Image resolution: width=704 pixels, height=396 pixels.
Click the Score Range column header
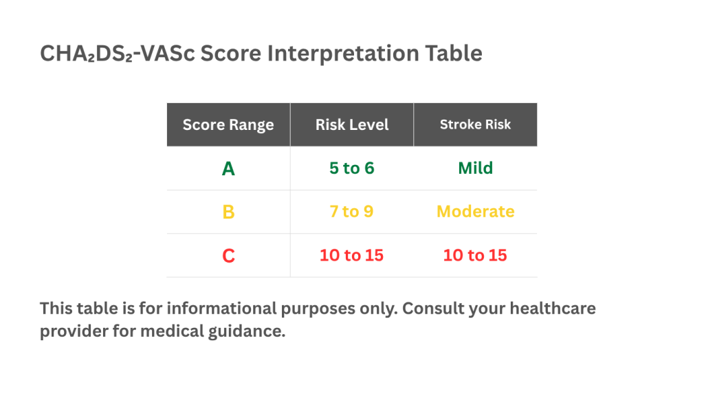(228, 125)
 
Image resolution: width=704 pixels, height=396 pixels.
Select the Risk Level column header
(352, 125)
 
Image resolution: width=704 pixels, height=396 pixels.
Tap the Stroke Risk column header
(476, 125)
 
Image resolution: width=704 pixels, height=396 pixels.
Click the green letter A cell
(228, 168)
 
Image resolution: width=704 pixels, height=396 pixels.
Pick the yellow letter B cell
(228, 212)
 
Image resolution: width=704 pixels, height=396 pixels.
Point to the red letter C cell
(228, 256)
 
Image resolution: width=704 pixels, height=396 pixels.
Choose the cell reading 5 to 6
(352, 168)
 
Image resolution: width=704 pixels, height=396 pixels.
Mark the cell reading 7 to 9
(352, 212)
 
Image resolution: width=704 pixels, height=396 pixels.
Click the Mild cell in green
(476, 168)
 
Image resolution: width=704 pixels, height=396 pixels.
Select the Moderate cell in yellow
(476, 212)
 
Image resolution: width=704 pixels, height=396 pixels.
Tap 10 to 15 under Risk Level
(352, 256)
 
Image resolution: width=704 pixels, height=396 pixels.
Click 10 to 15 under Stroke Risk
(476, 256)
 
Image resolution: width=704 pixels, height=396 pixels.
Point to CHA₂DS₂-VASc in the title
(117, 54)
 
